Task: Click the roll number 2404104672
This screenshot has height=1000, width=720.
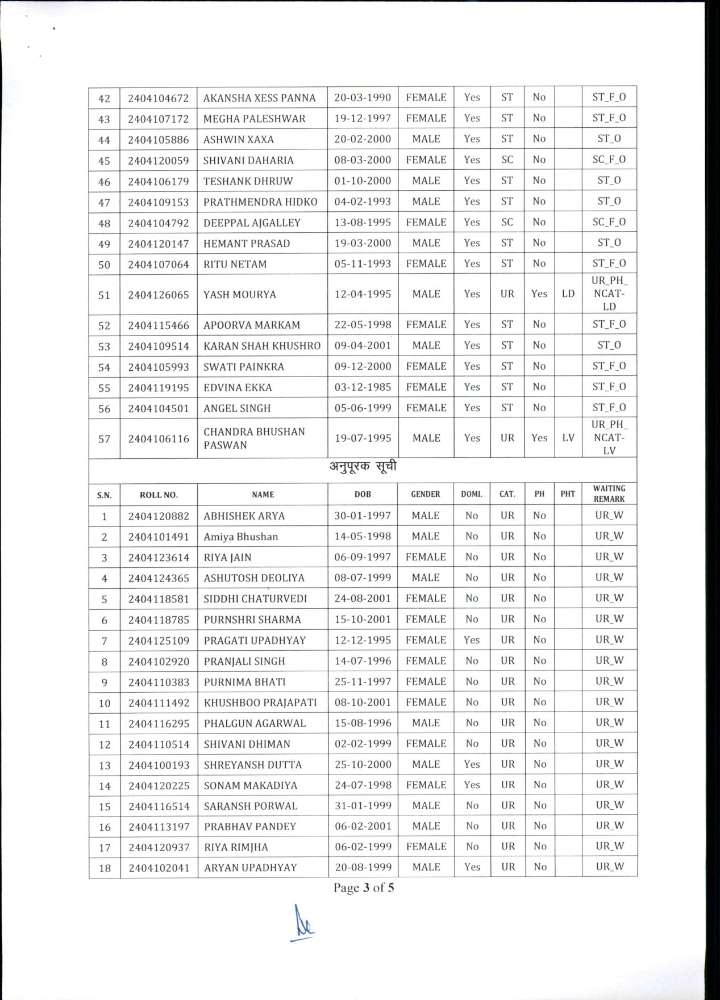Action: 158,98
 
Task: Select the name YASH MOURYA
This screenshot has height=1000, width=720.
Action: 239,294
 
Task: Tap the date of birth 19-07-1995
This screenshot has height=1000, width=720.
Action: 363,438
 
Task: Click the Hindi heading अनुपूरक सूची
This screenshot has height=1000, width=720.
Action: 363,467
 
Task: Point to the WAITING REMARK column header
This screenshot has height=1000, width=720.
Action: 609,493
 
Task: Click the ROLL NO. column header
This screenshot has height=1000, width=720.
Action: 159,495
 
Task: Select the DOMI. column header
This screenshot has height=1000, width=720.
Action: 472,494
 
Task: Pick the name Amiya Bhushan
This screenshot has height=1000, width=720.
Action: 241,537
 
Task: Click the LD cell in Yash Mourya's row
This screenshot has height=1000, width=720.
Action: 568,294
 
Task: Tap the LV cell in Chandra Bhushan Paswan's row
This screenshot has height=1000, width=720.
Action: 568,438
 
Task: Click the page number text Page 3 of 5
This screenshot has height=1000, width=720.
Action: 364,888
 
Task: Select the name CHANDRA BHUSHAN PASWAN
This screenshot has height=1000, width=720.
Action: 254,438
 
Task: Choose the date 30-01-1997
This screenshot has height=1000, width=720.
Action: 363,516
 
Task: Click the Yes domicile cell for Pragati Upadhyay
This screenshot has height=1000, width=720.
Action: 472,640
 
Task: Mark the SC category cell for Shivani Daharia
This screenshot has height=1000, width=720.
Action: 507,160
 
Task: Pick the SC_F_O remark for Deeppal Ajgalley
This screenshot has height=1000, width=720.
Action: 609,222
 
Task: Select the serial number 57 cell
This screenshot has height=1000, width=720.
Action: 105,438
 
